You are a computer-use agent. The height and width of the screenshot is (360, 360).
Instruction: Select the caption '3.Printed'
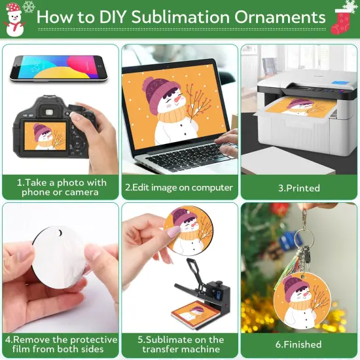coord(298,188)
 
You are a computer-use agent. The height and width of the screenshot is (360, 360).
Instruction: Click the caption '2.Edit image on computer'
coord(179,187)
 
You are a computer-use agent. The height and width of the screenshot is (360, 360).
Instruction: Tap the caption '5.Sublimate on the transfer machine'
coord(181,344)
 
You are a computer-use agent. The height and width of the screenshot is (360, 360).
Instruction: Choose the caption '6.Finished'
coord(298,344)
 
